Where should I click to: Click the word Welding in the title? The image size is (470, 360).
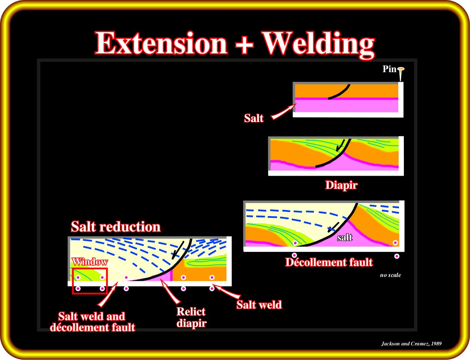318,45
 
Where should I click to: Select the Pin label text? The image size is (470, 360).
389,69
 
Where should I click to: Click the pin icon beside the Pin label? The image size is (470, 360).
401,73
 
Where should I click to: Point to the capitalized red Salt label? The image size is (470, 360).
254,119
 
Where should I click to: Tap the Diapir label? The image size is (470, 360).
341,185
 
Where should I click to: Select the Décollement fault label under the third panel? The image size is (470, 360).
329,262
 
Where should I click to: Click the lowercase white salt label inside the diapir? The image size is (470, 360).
345,237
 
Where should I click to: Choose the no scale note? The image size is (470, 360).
390,275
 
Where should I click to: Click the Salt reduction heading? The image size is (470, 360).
116,227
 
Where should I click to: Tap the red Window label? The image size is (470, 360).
90,262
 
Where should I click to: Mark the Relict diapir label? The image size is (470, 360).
191,317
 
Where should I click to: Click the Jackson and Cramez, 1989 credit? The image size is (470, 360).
411,344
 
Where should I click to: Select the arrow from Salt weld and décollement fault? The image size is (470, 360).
108,294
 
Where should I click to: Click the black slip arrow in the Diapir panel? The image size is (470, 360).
340,145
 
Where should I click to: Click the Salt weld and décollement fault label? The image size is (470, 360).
92,322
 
